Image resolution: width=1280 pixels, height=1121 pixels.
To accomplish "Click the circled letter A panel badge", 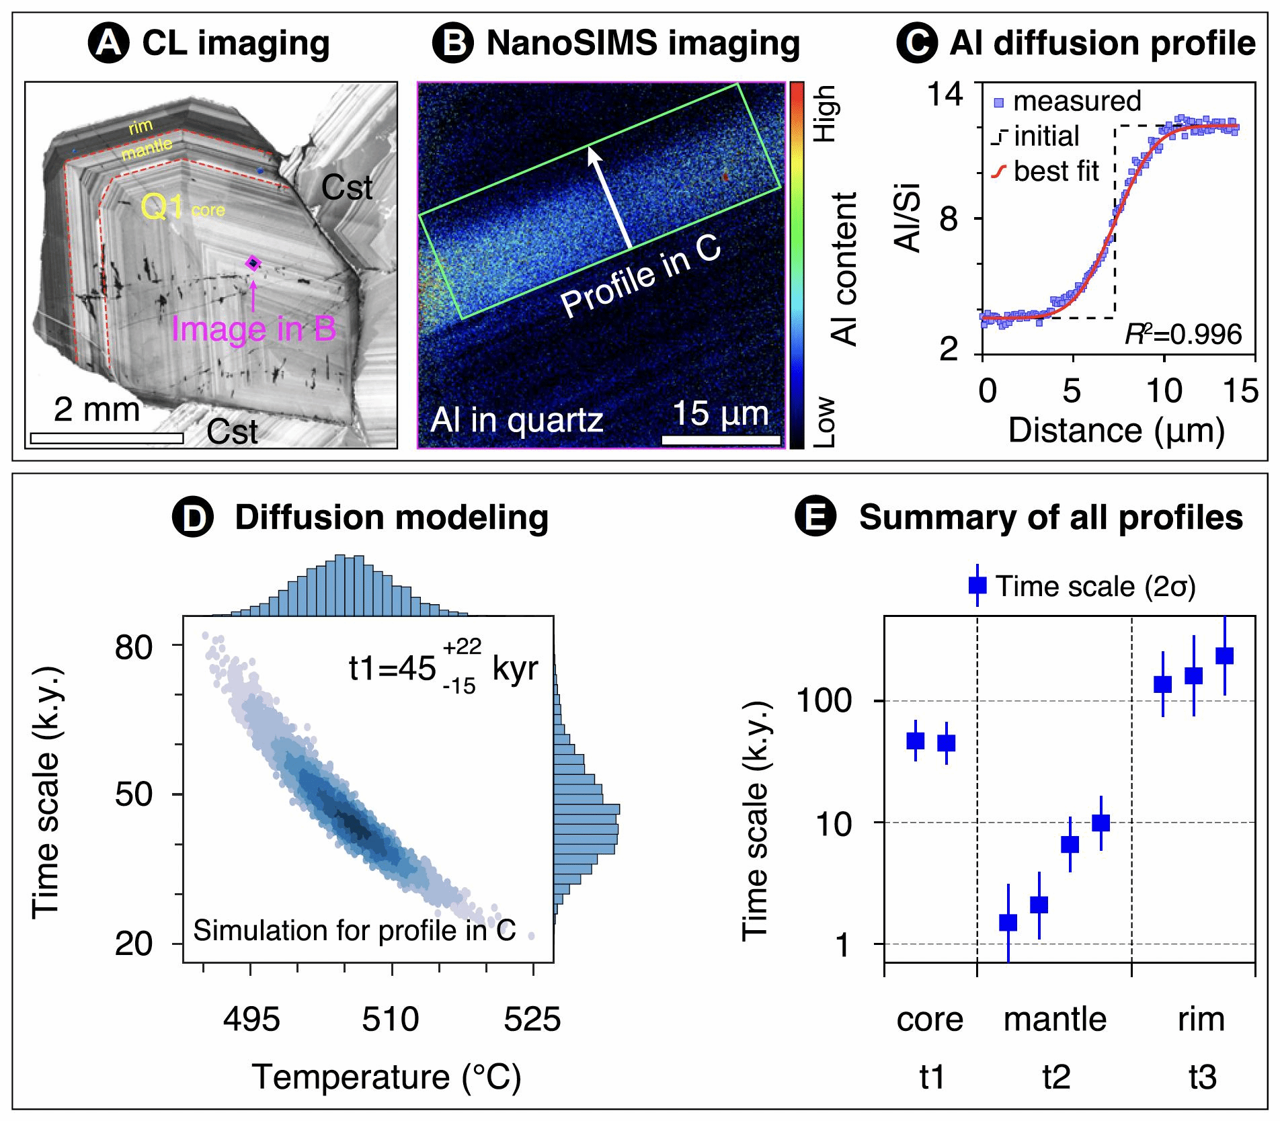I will (x=109, y=44).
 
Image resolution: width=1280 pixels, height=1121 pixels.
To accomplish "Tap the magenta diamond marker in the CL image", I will (x=253, y=263).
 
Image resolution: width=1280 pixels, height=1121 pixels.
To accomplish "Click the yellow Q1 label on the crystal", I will (x=161, y=208).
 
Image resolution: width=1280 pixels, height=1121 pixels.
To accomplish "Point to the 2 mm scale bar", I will (x=107, y=438).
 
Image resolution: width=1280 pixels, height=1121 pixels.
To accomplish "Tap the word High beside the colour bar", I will (x=824, y=113).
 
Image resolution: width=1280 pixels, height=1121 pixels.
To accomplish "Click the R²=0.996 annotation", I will (x=1183, y=334).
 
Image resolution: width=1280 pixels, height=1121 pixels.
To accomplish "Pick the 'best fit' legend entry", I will (x=1055, y=171).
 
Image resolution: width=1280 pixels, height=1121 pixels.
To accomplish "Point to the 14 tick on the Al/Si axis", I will (x=944, y=94).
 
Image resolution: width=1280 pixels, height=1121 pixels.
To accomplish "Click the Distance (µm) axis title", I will (x=1116, y=431).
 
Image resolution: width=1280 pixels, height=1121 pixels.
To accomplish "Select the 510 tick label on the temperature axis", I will (x=391, y=1020).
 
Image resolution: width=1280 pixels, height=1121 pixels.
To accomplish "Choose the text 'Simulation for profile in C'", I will (x=354, y=930).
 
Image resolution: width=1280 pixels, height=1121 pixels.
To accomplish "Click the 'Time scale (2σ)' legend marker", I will (x=977, y=585).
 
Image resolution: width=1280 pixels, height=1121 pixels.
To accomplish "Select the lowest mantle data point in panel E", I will (x=1008, y=923).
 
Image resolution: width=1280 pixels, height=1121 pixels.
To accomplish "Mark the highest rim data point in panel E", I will (x=1225, y=655).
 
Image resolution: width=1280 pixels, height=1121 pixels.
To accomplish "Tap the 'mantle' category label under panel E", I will (x=1055, y=1020).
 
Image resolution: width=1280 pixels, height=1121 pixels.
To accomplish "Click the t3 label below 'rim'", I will (x=1202, y=1077).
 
